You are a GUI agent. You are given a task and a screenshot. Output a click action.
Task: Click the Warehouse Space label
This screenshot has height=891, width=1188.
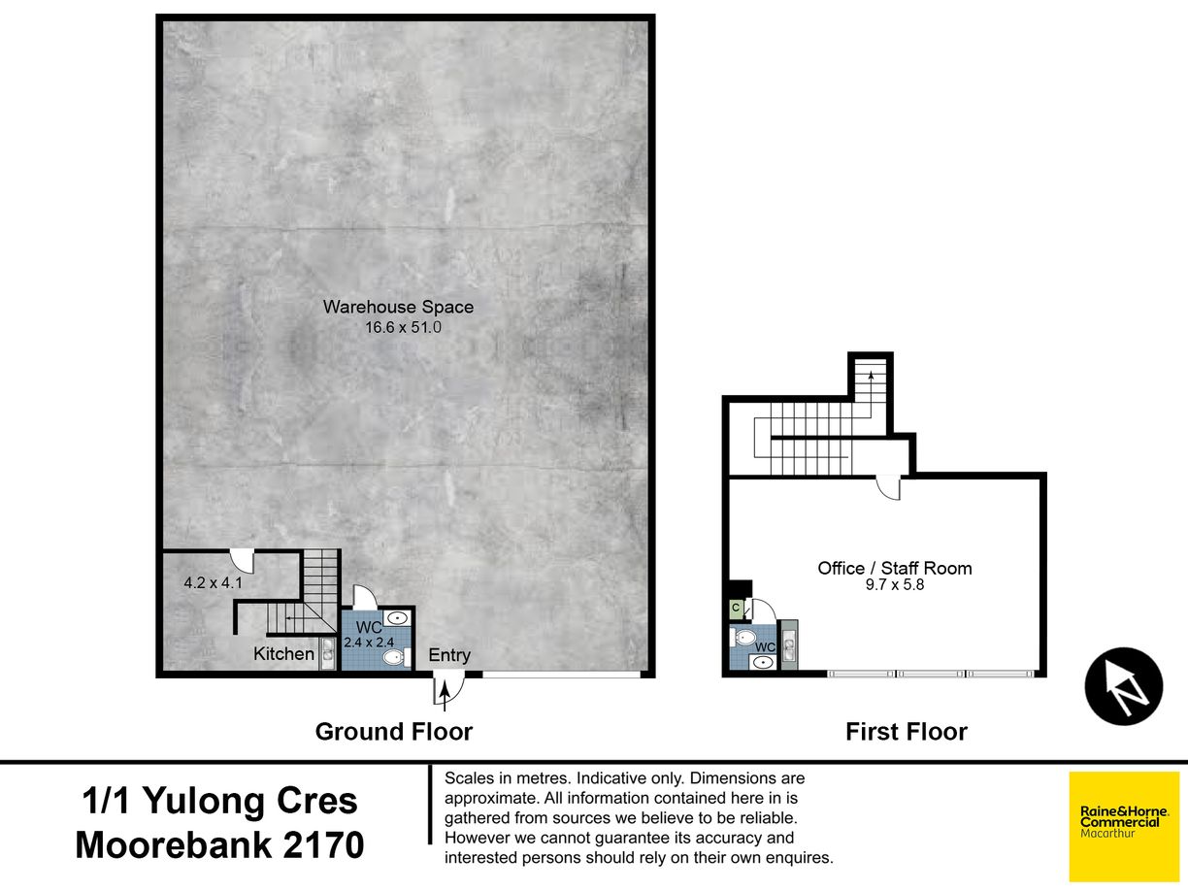click(x=398, y=307)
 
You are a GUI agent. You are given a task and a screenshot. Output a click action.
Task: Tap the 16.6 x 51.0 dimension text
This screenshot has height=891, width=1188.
click(x=403, y=327)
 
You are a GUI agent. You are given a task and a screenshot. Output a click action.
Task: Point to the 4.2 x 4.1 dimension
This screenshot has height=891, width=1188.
click(x=213, y=582)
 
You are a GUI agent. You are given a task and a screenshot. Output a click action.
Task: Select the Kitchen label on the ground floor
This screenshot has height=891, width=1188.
click(x=283, y=653)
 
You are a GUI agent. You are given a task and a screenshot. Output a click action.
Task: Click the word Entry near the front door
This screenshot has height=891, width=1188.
click(x=449, y=655)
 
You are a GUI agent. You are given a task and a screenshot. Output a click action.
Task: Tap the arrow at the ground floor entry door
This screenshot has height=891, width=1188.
click(x=445, y=696)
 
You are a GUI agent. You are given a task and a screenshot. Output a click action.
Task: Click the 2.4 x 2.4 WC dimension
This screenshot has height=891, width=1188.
click(x=369, y=643)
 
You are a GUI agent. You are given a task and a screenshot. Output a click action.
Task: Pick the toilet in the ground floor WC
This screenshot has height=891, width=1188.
click(x=397, y=658)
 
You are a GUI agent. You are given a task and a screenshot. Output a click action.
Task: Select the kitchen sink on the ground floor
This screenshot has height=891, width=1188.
click(x=327, y=653)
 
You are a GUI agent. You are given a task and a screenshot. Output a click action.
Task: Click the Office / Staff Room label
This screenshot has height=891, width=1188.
click(x=895, y=568)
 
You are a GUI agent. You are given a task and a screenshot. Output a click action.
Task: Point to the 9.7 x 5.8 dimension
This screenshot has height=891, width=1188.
click(x=895, y=585)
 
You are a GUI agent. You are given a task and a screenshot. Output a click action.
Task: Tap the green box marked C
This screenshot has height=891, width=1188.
click(x=736, y=609)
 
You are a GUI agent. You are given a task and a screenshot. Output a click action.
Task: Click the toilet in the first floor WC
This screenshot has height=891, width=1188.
click(x=743, y=638)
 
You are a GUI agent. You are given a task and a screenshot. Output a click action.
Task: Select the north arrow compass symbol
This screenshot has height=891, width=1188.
click(x=1124, y=686)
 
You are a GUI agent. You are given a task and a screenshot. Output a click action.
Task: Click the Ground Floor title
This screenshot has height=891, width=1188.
click(x=394, y=732)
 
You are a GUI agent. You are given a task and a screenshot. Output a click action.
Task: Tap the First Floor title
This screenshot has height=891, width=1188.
click(x=907, y=732)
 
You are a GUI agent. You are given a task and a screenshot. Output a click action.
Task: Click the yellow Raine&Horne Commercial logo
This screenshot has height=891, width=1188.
click(x=1124, y=826)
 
